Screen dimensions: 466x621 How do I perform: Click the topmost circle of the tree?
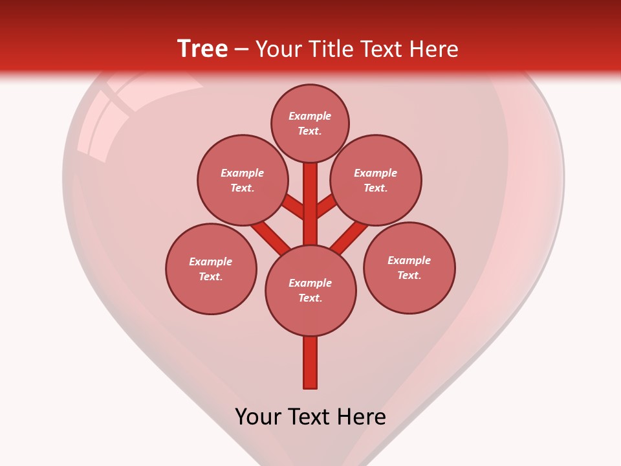pos(310,124)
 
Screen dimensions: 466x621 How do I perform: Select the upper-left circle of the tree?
pos(243,180)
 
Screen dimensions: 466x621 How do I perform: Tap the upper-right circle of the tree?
pos(376,180)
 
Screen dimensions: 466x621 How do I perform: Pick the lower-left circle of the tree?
pos(211,269)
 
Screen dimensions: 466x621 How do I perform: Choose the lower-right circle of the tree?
pos(409,267)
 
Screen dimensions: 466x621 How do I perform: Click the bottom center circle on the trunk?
pos(310,290)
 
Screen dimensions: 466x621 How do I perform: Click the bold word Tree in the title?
pos(202,49)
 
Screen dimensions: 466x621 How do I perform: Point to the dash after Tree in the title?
pos(242,49)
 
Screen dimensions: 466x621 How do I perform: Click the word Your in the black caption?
pos(258,416)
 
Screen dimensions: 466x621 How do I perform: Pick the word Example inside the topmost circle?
pos(310,116)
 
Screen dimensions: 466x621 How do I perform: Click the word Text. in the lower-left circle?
pos(211,277)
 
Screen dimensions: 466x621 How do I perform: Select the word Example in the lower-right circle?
pos(409,260)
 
